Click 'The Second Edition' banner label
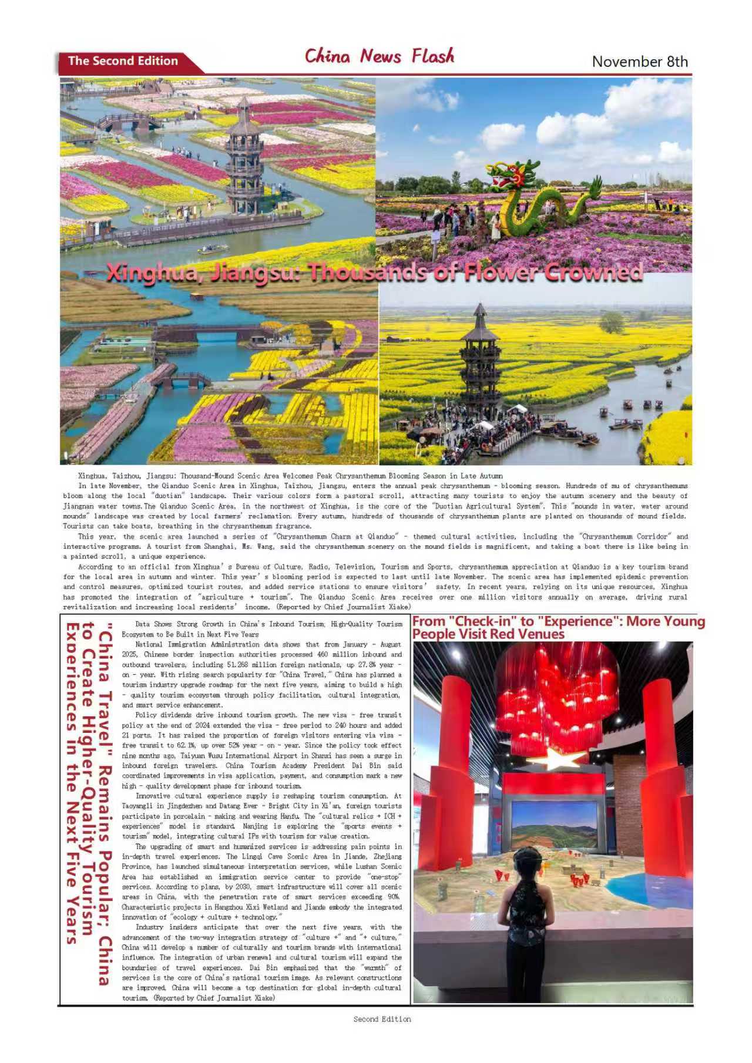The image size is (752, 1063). [x=123, y=61]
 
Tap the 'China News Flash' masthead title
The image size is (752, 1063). [x=379, y=56]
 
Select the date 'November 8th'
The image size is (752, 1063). [x=639, y=62]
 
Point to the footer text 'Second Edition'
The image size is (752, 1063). [x=382, y=1019]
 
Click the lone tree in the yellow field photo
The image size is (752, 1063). [x=613, y=322]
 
